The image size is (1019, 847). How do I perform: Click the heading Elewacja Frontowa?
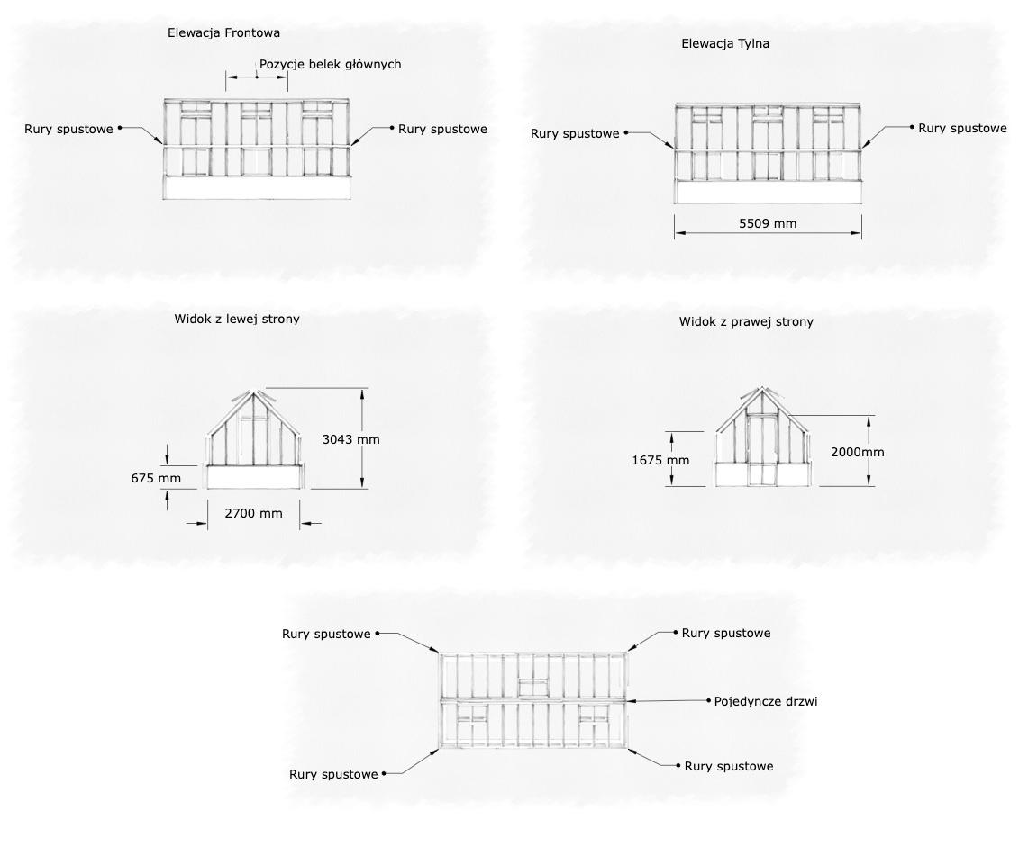(223, 32)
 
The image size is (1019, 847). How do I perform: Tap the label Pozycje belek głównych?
(330, 64)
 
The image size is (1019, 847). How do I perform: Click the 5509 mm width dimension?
(768, 223)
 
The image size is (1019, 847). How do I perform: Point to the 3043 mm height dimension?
(351, 439)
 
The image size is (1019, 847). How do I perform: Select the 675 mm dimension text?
(156, 478)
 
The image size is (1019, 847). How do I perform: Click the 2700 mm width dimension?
(253, 513)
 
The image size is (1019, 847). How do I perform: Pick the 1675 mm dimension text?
(660, 460)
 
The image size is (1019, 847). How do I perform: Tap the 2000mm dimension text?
(857, 452)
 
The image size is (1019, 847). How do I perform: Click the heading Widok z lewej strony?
(237, 319)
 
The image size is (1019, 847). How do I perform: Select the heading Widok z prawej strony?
(746, 321)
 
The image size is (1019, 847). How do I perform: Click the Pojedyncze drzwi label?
(766, 700)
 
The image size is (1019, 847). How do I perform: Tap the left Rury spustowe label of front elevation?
(68, 129)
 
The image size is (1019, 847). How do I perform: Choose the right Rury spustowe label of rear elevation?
(962, 128)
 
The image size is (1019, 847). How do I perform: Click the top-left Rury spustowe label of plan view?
(326, 634)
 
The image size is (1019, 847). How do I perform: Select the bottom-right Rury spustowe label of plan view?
(729, 766)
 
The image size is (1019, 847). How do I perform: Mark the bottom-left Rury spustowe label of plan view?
(333, 774)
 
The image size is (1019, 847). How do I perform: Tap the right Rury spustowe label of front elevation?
(442, 129)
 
